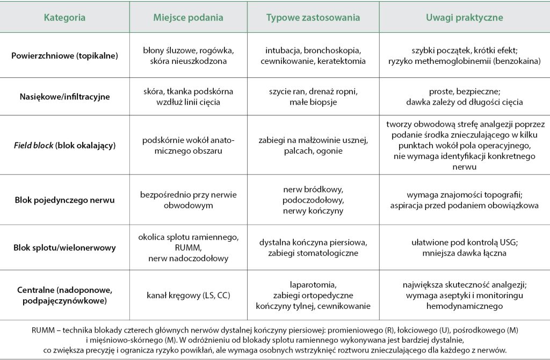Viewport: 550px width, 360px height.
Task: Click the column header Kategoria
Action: click(64, 18)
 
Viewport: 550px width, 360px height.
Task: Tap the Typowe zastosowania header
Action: click(313, 18)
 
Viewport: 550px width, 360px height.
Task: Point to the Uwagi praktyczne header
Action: click(464, 18)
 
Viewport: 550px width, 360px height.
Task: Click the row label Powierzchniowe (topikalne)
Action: click(64, 56)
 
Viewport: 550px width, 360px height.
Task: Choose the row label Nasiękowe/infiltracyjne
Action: click(64, 97)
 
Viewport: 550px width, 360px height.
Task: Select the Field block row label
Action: click(64, 145)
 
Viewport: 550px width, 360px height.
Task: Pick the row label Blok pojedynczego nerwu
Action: click(64, 200)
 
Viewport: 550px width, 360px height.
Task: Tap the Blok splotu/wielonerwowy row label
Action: click(64, 248)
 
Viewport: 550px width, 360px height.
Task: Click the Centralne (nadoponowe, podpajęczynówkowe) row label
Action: click(64, 296)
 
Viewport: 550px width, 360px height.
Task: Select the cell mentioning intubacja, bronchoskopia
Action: click(313, 56)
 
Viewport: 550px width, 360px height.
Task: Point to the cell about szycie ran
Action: click(313, 97)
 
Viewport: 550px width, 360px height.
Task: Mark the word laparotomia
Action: click(313, 285)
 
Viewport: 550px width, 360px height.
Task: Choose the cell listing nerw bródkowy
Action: click(313, 200)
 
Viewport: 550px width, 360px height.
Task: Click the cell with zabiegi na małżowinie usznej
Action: click(313, 145)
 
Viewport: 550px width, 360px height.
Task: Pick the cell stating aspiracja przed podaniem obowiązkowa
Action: click(464, 205)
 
